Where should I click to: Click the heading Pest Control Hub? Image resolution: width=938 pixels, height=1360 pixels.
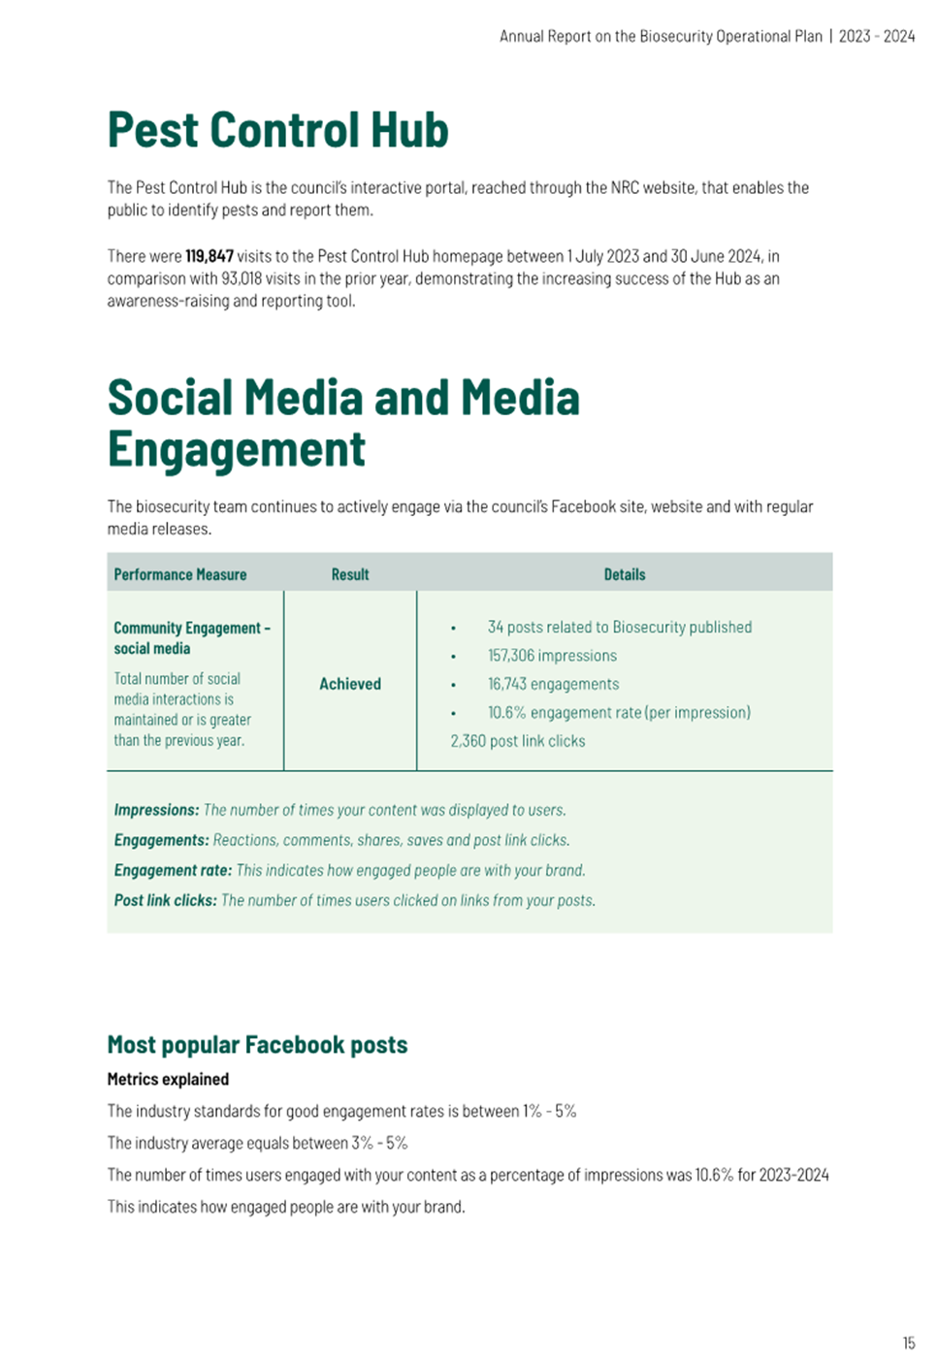tap(277, 130)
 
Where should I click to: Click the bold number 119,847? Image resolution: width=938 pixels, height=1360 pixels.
tap(210, 256)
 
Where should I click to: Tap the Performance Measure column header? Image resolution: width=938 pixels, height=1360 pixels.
tap(180, 574)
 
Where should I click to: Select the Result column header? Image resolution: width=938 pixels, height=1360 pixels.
tap(350, 574)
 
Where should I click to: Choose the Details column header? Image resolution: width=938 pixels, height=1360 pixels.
tap(625, 574)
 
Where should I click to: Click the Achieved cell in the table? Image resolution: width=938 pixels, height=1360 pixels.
tap(350, 684)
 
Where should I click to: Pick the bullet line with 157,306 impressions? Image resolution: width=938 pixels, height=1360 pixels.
tap(552, 656)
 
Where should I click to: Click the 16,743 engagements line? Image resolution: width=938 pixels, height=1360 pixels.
tap(553, 684)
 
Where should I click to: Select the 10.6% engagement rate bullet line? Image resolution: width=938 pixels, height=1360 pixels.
tap(619, 712)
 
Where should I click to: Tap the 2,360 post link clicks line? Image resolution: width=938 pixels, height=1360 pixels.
tap(518, 741)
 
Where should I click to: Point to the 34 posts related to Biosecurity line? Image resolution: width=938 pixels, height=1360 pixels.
tap(619, 628)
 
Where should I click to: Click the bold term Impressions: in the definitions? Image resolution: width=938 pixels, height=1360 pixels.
tap(156, 810)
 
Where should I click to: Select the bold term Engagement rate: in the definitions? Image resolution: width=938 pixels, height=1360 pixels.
tap(173, 870)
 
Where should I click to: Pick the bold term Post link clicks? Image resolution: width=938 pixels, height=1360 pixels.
tap(165, 900)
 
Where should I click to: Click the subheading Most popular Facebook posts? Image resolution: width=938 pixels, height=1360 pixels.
tap(257, 1045)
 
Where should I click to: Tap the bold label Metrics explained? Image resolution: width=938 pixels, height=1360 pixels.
tap(168, 1079)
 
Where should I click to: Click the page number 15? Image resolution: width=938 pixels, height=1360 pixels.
tap(909, 1344)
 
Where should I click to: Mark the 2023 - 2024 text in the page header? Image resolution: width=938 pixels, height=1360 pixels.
tap(877, 37)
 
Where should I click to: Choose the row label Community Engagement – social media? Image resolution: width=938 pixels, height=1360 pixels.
tap(191, 638)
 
